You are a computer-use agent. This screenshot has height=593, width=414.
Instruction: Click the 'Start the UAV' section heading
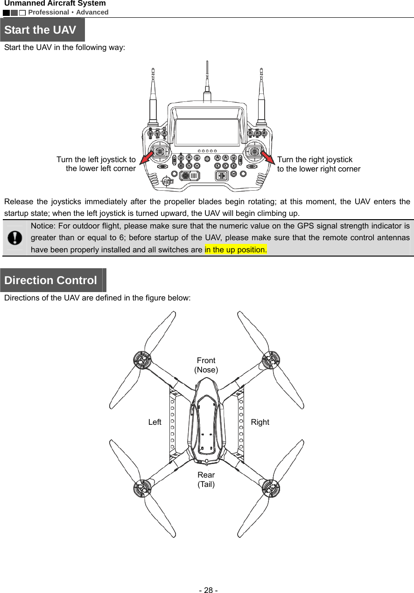tap(41, 30)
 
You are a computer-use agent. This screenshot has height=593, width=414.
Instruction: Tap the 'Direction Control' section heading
tap(50, 280)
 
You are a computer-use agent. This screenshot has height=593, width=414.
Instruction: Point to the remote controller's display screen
tap(206, 132)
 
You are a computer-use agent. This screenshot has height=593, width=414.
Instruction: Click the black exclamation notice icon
tap(15, 238)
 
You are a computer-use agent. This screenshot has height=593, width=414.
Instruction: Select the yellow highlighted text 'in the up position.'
tap(235, 250)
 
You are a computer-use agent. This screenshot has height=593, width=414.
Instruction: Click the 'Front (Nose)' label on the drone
tap(206, 365)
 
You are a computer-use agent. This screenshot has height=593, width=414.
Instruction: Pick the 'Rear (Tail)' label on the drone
tap(206, 479)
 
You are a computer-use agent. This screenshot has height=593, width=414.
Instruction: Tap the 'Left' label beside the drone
tap(154, 422)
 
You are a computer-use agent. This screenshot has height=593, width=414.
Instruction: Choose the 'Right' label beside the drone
tap(260, 422)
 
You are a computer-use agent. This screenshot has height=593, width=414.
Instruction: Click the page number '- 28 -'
tap(207, 590)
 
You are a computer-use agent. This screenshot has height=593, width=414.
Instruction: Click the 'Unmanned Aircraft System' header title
tap(55, 4)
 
